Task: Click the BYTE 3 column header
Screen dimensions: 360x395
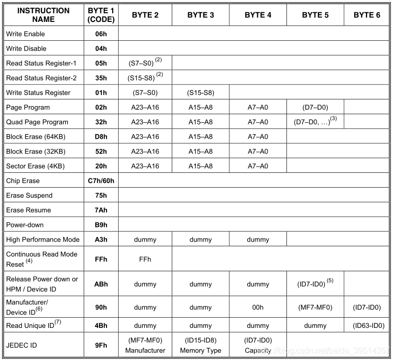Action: [201, 15]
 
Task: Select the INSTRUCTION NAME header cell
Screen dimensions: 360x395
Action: [43, 15]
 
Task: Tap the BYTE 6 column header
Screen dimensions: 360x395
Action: [367, 15]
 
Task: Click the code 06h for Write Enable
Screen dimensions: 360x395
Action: [101, 34]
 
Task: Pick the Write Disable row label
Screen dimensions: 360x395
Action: [26, 48]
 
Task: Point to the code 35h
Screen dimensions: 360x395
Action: [101, 78]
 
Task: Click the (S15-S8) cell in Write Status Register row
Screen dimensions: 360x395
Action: [201, 93]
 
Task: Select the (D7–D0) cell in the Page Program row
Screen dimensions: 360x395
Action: [315, 108]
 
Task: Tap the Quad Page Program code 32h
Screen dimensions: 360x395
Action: [101, 122]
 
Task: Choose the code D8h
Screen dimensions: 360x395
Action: [101, 137]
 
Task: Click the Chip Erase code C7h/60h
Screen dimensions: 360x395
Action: [101, 181]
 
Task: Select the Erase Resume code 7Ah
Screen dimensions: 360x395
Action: [101, 210]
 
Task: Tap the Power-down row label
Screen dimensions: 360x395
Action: [25, 225]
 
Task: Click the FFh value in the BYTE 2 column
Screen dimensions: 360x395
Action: [145, 260]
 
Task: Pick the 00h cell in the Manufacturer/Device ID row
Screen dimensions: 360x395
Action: [258, 307]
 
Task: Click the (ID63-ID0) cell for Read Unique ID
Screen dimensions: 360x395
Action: [367, 326]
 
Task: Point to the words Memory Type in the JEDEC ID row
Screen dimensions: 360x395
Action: [201, 351]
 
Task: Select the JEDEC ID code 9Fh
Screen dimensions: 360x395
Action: [101, 345]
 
